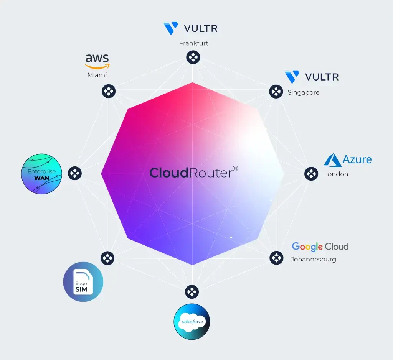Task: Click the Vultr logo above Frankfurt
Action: pos(190,29)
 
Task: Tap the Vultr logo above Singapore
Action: pos(311,77)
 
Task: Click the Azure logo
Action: pos(348,160)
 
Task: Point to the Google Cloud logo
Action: pos(320,247)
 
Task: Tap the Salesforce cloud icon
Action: pos(192,322)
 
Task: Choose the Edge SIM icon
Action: pos(83,282)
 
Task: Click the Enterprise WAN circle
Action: pos(41,174)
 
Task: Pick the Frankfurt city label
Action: pos(194,43)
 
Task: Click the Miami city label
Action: pos(97,75)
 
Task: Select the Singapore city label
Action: pos(304,92)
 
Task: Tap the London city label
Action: pos(336,174)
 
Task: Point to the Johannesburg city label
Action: pos(314,259)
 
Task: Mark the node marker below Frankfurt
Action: pos(193,58)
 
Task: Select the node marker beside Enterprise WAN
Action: pos(75,173)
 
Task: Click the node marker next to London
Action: pos(311,174)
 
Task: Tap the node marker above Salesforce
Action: pos(192,292)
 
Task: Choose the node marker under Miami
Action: pos(109,91)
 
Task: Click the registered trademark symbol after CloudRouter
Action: pos(235,168)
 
